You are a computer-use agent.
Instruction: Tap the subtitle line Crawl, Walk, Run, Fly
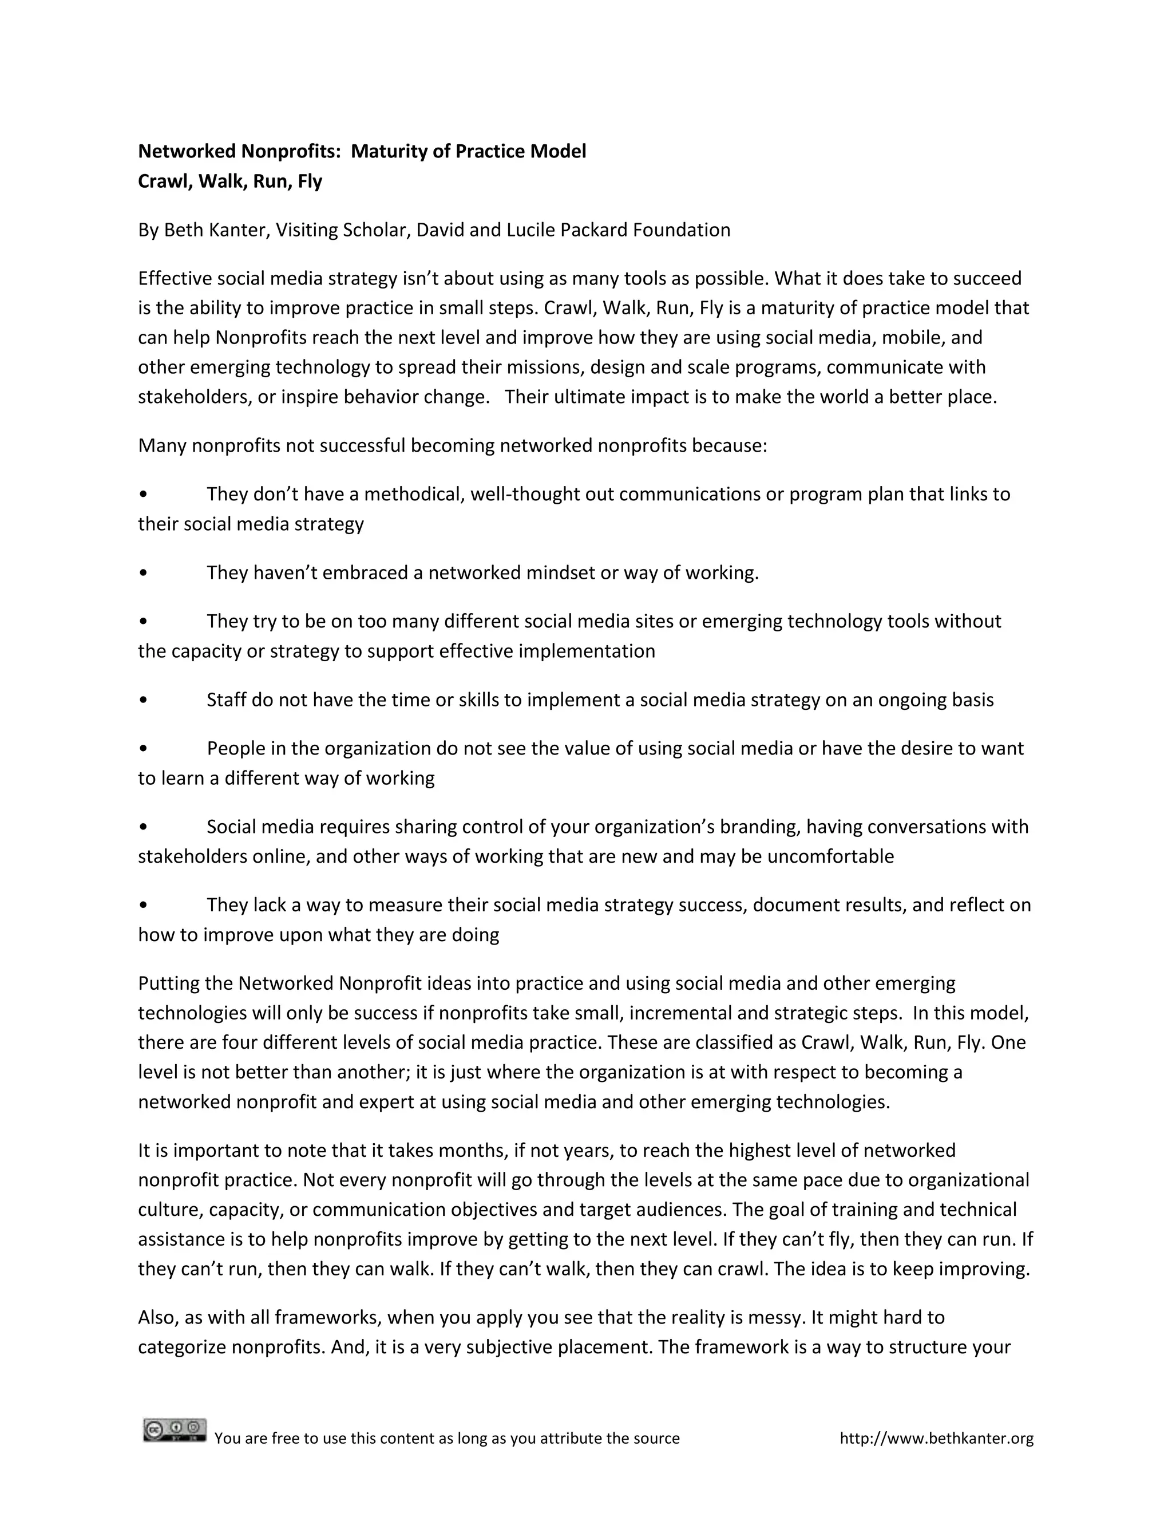[x=230, y=181]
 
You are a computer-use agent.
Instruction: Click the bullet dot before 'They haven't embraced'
[x=143, y=573]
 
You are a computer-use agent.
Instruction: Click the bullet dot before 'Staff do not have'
[x=143, y=700]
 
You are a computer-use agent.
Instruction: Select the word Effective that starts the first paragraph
[x=175, y=279]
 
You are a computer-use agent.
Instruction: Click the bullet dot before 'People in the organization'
[x=143, y=749]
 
